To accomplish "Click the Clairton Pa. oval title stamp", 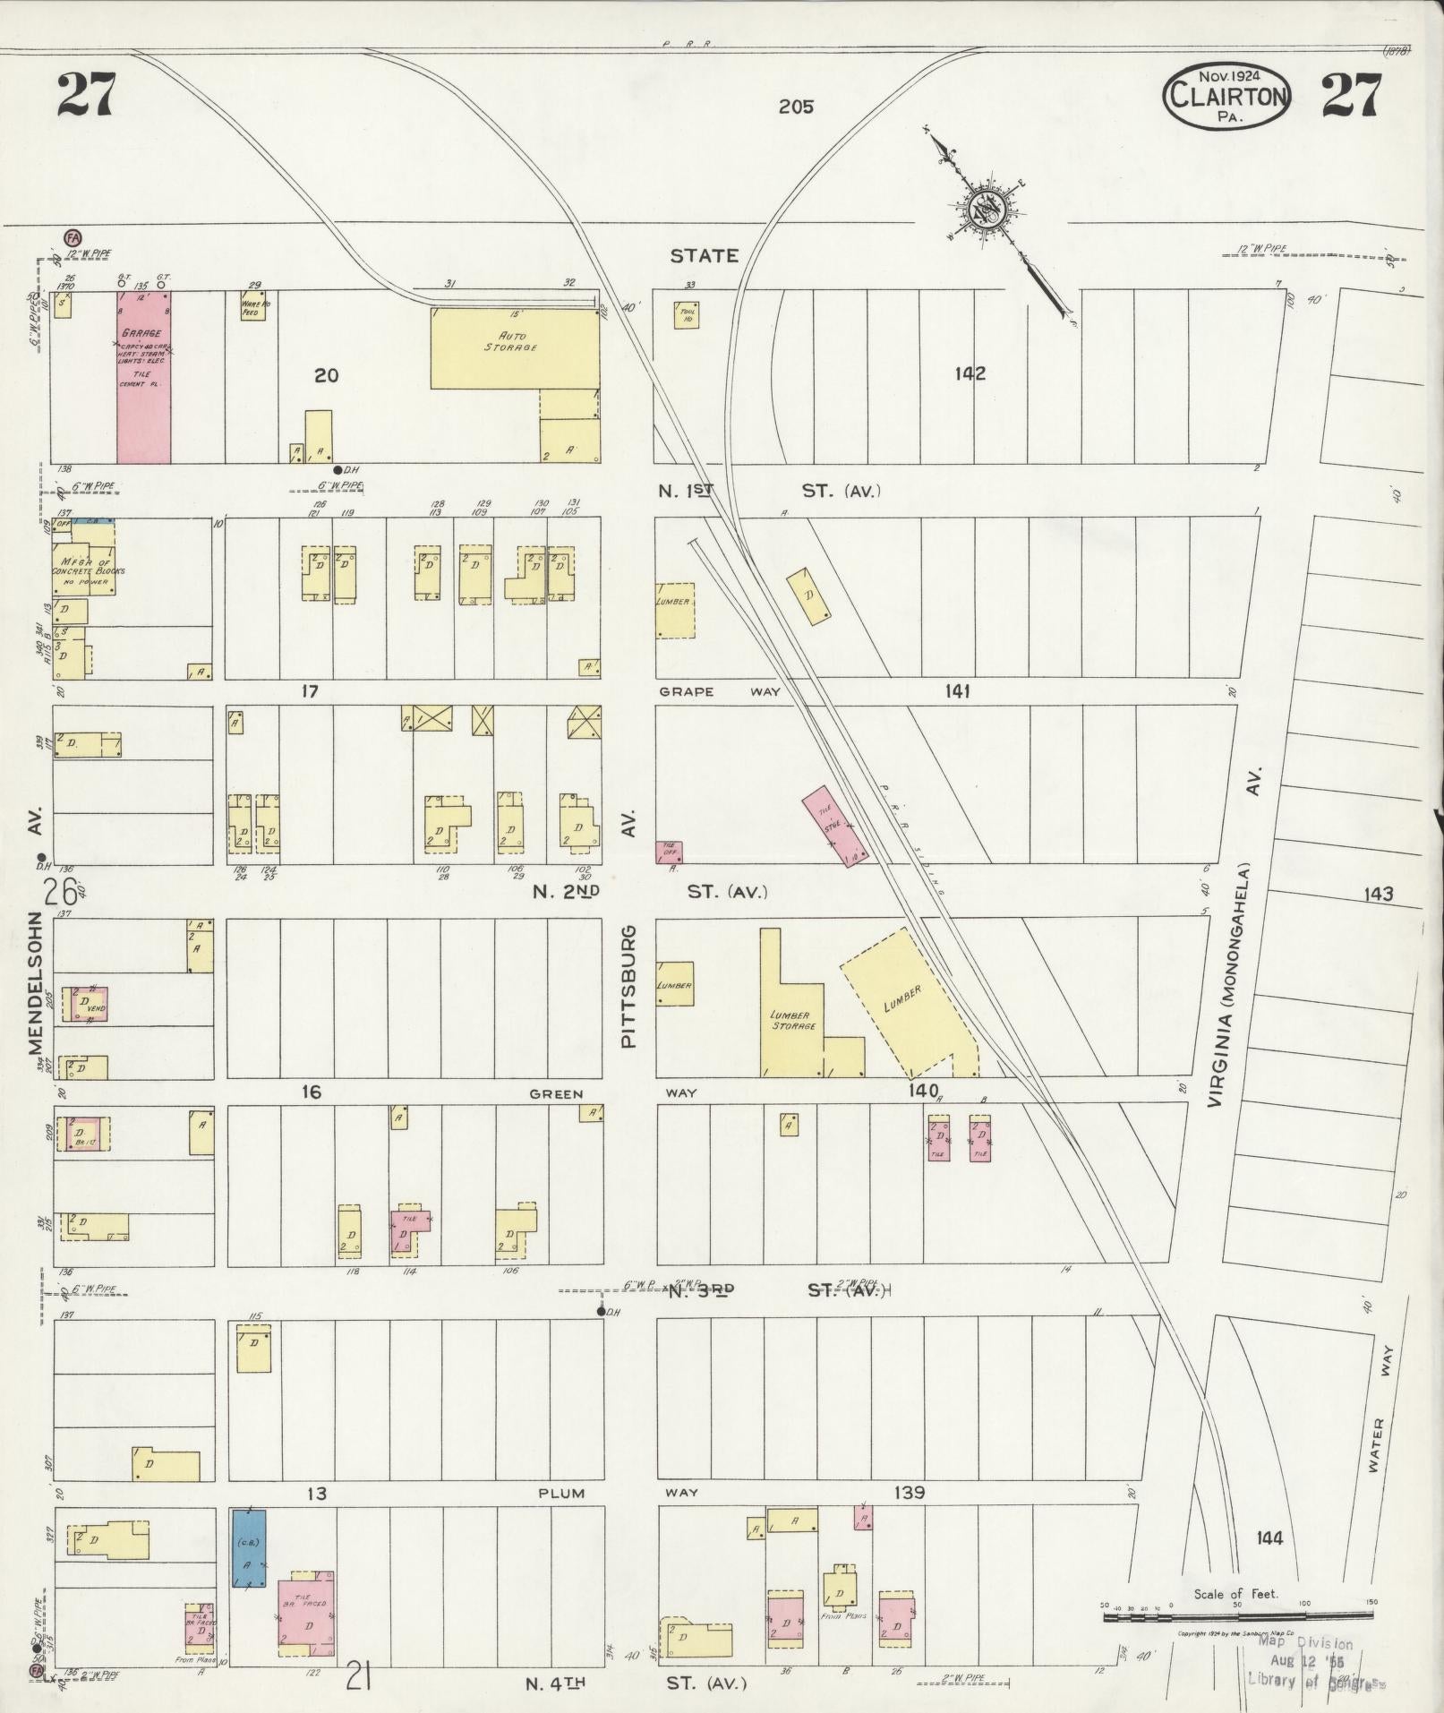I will click(x=1226, y=97).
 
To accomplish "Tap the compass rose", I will click(x=983, y=210).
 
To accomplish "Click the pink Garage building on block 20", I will click(x=143, y=376).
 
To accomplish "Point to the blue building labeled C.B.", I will click(x=248, y=1547).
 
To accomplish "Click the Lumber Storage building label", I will click(x=793, y=1021).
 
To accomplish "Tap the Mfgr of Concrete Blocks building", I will click(x=87, y=560).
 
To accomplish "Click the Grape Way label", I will click(x=720, y=691).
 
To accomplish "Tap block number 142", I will click(x=970, y=373).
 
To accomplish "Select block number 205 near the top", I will click(x=795, y=107).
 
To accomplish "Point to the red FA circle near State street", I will click(x=72, y=236).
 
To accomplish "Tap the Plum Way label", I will click(x=561, y=1493).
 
